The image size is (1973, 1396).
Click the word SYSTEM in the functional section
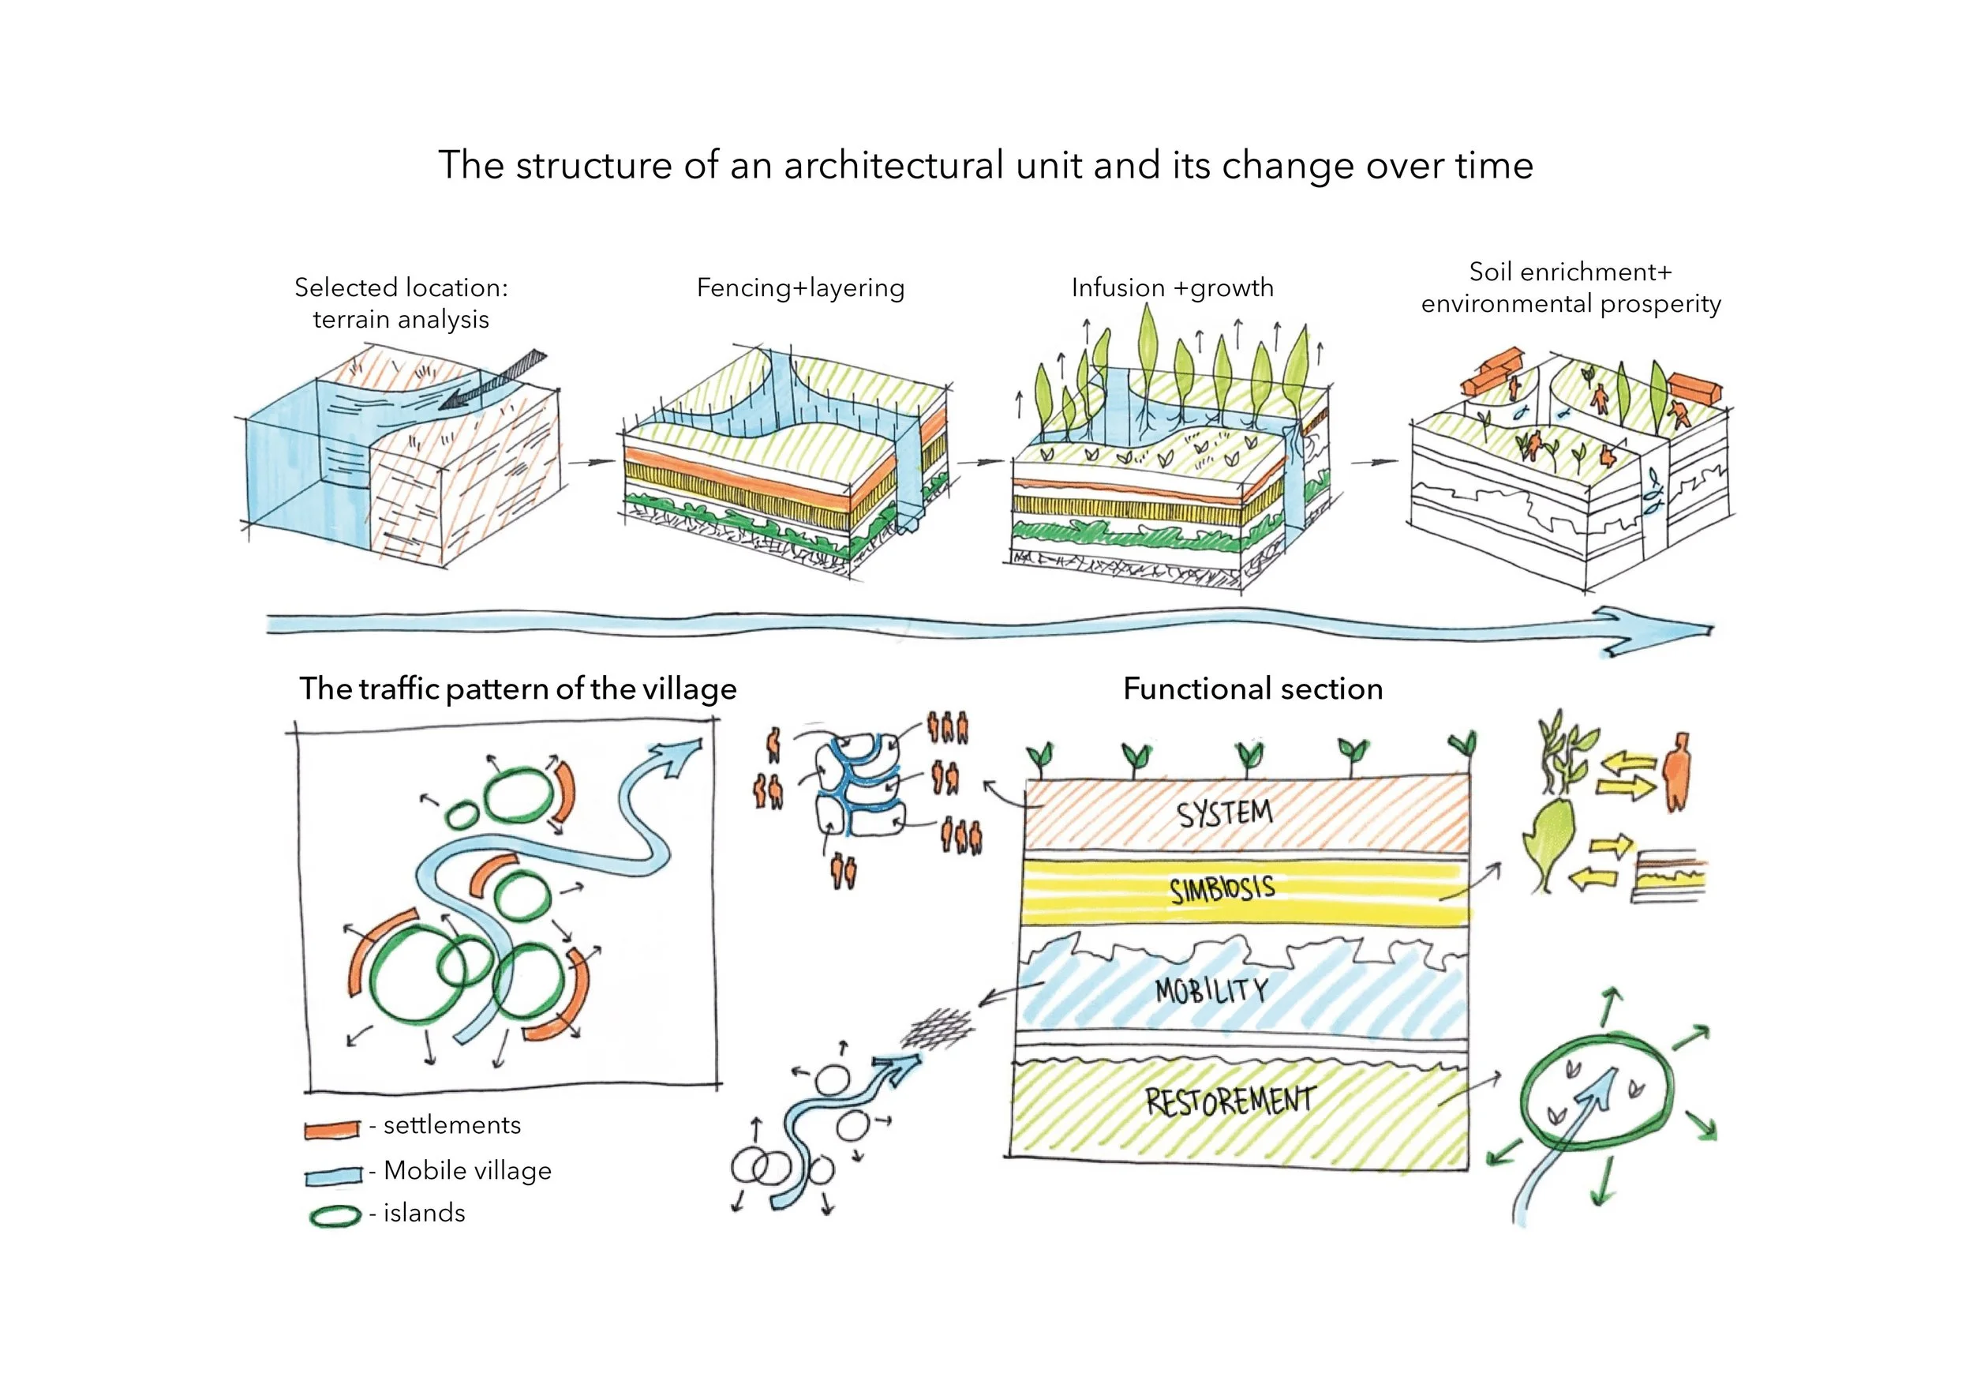1225,812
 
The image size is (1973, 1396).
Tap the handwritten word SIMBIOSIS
1222,890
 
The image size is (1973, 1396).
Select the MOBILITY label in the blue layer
1211,990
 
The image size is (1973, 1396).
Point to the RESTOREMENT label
1230,1100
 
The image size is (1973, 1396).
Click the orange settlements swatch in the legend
331,1128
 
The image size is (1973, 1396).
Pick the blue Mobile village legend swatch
333,1175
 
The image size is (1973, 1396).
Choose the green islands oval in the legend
335,1216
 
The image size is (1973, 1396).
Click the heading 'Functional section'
1253,689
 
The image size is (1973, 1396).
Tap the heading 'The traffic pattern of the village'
519,689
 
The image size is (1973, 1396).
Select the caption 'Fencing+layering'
801,288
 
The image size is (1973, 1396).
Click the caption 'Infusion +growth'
1172,288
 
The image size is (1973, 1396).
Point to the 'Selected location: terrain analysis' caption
401,303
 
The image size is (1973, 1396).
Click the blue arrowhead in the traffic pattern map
676,756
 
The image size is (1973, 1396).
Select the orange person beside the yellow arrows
1676,772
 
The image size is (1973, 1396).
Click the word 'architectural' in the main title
893,165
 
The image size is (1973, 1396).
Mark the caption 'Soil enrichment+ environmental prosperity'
1571,288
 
